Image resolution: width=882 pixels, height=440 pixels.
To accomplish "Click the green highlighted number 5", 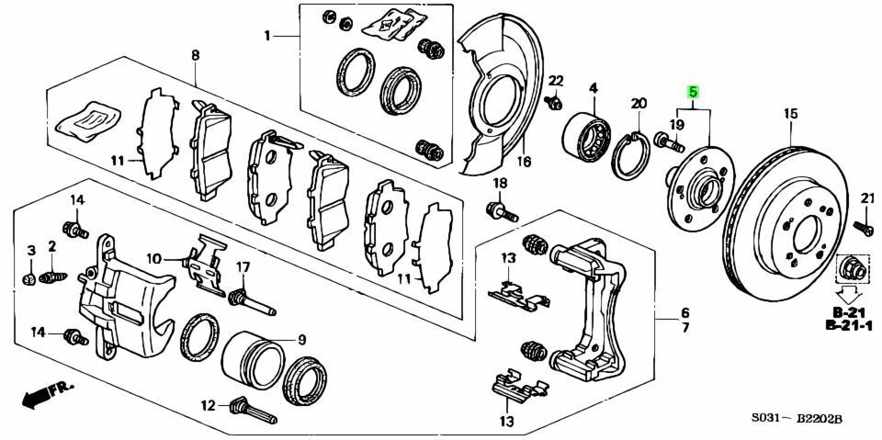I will click(x=694, y=93).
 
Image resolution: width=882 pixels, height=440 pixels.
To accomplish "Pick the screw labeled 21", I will click(x=862, y=225).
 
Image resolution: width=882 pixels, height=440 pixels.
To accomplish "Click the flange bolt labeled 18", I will click(x=502, y=212).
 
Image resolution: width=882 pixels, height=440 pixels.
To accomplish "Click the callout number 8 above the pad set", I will click(x=195, y=56).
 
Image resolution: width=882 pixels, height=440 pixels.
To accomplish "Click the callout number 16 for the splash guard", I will click(x=524, y=163).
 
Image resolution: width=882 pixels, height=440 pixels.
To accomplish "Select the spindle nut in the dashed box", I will click(x=851, y=268).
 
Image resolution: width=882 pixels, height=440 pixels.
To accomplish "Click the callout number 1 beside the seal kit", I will click(x=267, y=37).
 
